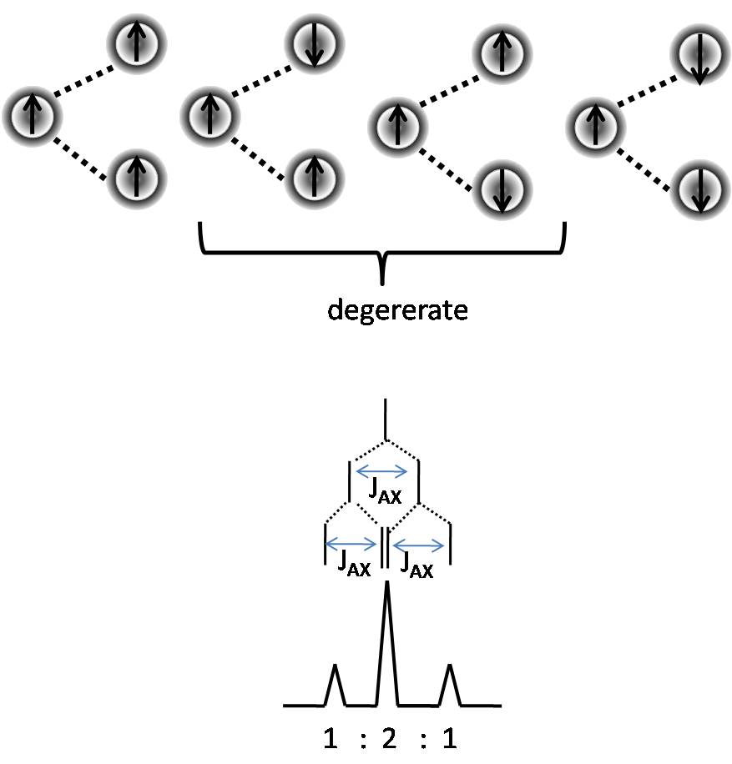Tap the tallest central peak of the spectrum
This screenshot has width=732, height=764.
386,634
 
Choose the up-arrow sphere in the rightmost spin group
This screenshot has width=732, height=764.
594,125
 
